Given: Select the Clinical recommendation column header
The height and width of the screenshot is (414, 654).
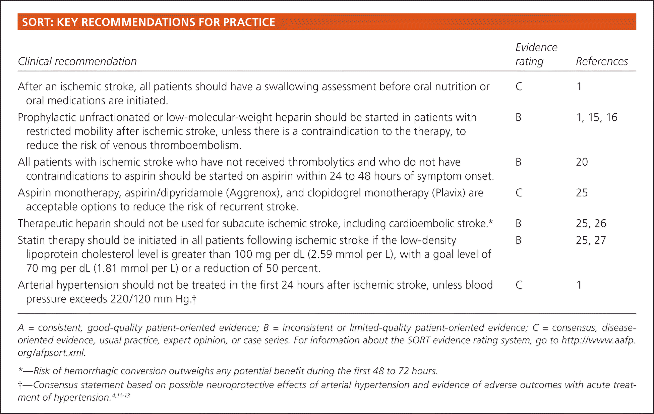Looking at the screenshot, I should click(77, 61).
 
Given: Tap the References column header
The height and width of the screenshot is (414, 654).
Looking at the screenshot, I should click(602, 61).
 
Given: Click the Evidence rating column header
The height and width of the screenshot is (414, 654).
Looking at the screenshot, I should click(536, 54).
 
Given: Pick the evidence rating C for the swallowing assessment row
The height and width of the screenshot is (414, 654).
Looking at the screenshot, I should click(519, 86).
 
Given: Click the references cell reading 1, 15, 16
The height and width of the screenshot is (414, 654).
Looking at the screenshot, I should click(596, 117).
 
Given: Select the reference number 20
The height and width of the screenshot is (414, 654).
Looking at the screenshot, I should click(582, 162).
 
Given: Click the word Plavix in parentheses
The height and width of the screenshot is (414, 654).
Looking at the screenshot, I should click(448, 193).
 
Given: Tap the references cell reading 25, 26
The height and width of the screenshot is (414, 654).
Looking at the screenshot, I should click(591, 223).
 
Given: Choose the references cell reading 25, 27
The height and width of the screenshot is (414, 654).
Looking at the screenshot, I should click(591, 240).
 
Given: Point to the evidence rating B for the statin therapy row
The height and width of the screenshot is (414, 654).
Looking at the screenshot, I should click(518, 240).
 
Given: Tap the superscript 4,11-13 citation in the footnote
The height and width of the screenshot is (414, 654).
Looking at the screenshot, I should click(121, 396).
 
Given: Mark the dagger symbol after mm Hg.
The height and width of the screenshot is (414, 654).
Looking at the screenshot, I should click(194, 299).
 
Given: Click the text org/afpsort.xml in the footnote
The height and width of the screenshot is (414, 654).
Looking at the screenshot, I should click(51, 353).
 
